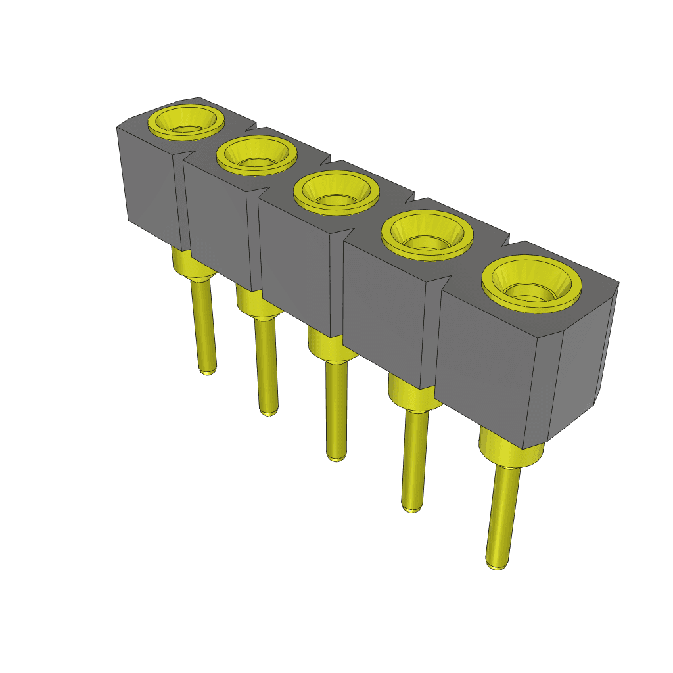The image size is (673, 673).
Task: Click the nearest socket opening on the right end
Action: pos(532,288)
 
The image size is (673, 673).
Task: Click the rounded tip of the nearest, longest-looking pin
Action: pos(497,564)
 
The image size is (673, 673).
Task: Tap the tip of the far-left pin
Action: pos(208,371)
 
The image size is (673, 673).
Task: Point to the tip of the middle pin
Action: pos(335,457)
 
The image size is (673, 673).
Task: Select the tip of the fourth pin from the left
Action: pos(411,507)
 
